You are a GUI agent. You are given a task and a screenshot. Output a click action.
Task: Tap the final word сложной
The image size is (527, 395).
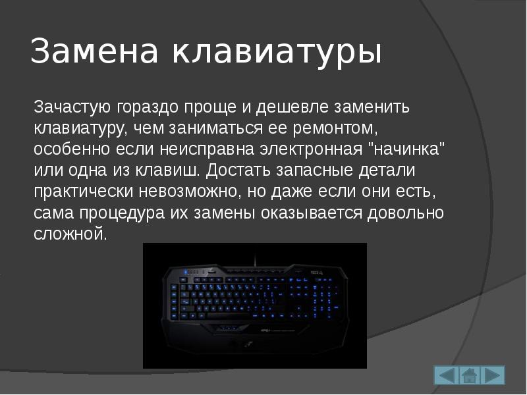[x=70, y=234]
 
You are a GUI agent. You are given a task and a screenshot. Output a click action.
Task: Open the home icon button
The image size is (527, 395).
[x=469, y=375]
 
